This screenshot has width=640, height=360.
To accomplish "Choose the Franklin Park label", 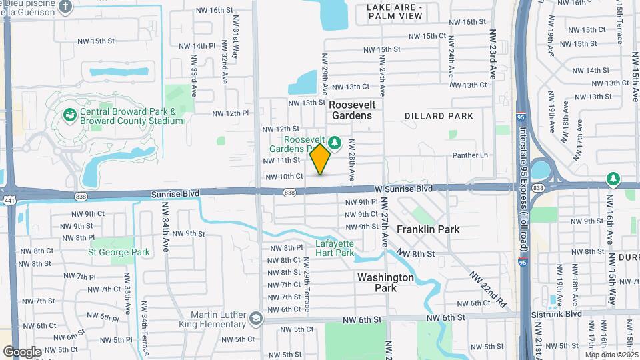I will coord(428,229).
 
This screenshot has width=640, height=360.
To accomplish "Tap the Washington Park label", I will coord(385,283).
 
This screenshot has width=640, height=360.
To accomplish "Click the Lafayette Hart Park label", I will coord(335,248).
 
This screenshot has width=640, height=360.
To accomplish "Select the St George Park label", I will coord(119,253).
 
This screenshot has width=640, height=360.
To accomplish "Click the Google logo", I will coord(22,352).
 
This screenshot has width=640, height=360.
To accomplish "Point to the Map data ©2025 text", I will coord(611,355).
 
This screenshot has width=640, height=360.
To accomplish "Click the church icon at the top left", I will coord(65,7).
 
